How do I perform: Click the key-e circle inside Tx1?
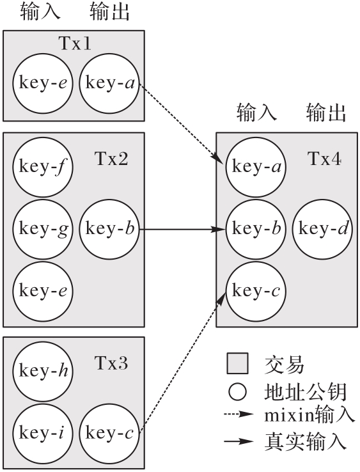pos(43,83)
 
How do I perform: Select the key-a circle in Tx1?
pos(109,83)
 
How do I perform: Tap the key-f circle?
pos(43,167)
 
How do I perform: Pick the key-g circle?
pos(43,229)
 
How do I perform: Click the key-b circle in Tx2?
pos(109,229)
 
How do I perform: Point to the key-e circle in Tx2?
pos(43,291)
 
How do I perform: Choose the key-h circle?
pos(43,371)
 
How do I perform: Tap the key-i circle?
pos(43,434)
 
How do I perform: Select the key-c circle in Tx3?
pos(109,434)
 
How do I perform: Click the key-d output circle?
pos(322,229)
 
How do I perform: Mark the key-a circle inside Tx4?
pos(256,167)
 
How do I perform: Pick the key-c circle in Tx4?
pos(256,291)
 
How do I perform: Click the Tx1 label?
pos(75,43)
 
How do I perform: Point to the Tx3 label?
pos(111,363)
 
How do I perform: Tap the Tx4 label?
pos(324,159)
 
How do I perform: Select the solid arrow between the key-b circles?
pos(182,230)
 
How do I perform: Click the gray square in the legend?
pos(237,363)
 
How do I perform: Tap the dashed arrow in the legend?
pos(239,414)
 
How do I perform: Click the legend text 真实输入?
pos(305,442)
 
